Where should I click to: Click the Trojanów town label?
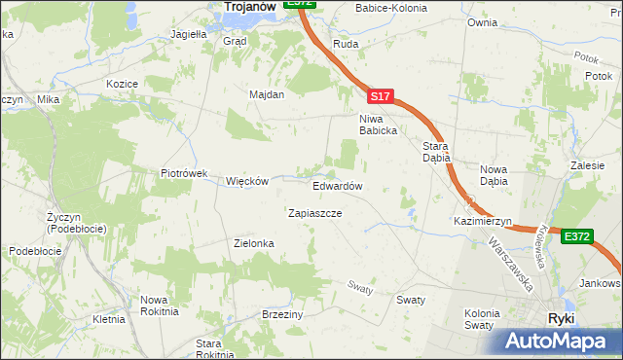coord(246,7)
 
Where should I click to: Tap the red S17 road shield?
coord(381,97)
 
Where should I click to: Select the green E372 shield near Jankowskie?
coord(576,235)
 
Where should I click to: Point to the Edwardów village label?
coord(338,186)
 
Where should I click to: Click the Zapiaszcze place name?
coord(314,212)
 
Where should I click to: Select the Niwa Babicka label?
coord(376,124)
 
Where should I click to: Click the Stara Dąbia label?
coord(434,152)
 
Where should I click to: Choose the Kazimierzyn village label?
coord(482,222)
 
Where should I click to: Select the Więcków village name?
coord(246,182)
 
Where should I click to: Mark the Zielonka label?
coord(254,243)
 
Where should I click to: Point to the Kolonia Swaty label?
coord(481,319)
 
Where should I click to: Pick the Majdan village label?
coord(266,95)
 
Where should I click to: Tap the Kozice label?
coord(122,85)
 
